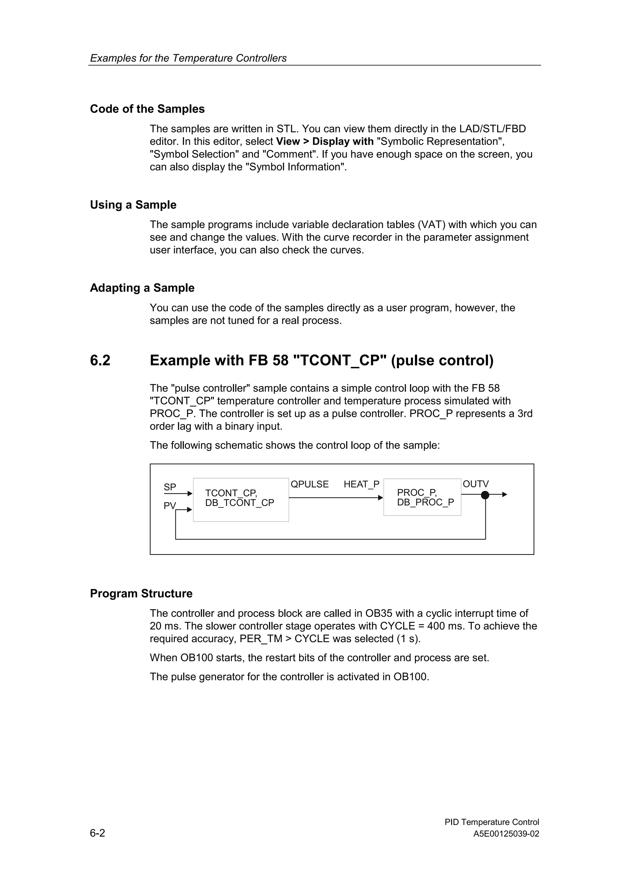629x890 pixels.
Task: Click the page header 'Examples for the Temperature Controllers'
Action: (x=188, y=58)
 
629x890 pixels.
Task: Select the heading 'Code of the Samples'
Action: (x=147, y=109)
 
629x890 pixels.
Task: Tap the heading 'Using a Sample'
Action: (x=133, y=205)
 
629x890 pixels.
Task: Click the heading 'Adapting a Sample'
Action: (x=142, y=288)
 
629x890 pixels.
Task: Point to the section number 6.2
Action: (x=100, y=360)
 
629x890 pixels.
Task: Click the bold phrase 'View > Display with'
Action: (x=324, y=142)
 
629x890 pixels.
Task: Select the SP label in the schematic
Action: (x=170, y=487)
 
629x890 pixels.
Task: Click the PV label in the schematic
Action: (x=169, y=506)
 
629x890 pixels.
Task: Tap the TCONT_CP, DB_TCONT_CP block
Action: (x=241, y=500)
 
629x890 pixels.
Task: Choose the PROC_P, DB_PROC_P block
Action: (x=422, y=497)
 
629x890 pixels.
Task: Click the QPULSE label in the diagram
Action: (x=309, y=484)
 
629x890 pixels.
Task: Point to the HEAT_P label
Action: (x=361, y=484)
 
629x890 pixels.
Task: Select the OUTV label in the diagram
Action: (x=475, y=484)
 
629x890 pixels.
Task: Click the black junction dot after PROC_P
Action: (x=485, y=495)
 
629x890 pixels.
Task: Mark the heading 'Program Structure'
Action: (x=141, y=593)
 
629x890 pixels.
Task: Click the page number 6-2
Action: (x=97, y=833)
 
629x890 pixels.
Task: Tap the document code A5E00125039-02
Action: (x=506, y=834)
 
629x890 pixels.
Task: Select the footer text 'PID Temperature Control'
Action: (x=491, y=822)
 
